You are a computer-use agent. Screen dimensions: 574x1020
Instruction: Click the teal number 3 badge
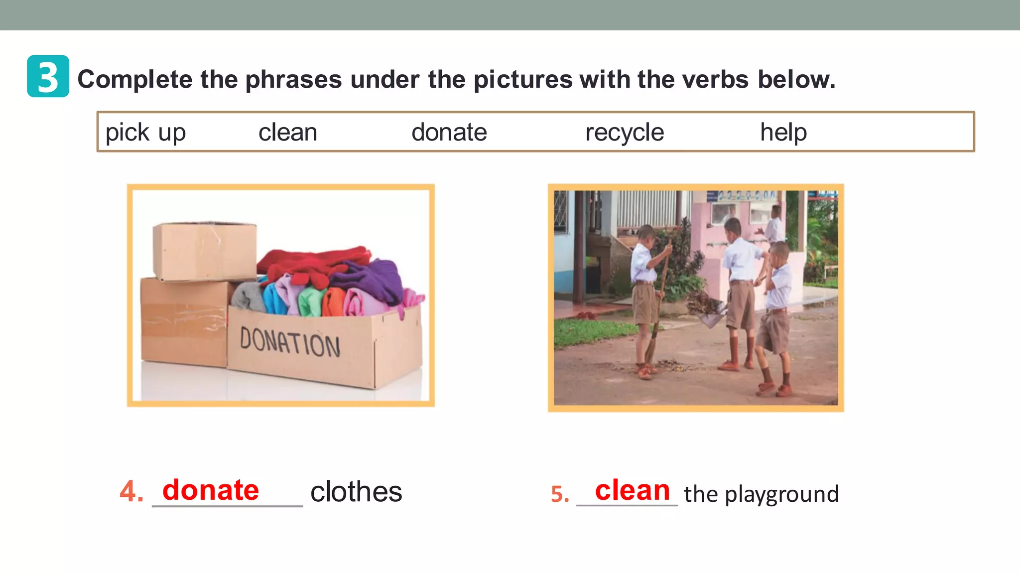pyautogui.click(x=48, y=76)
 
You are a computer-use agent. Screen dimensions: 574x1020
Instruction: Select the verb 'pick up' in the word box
pyautogui.click(x=145, y=133)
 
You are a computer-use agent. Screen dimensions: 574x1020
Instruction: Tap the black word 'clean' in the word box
pyautogui.click(x=287, y=133)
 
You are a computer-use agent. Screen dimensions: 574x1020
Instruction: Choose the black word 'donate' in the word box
pyautogui.click(x=449, y=133)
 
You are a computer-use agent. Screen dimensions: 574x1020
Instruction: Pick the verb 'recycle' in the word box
pyautogui.click(x=624, y=133)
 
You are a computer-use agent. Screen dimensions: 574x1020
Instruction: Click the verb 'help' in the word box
pyautogui.click(x=783, y=133)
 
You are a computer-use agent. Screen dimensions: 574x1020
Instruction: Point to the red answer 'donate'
pyautogui.click(x=211, y=490)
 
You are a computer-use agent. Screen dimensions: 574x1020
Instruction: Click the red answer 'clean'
pyautogui.click(x=632, y=490)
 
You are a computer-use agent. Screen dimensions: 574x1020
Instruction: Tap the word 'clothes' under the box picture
pyautogui.click(x=356, y=492)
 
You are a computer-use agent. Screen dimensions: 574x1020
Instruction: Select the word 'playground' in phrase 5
pyautogui.click(x=781, y=494)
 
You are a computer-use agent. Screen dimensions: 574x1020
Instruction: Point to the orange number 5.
pyautogui.click(x=559, y=494)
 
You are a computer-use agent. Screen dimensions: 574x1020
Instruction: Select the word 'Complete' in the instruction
pyautogui.click(x=134, y=79)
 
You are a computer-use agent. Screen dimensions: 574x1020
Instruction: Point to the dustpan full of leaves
pyautogui.click(x=707, y=308)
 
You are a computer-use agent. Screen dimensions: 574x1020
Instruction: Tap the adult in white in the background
pyautogui.click(x=773, y=227)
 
